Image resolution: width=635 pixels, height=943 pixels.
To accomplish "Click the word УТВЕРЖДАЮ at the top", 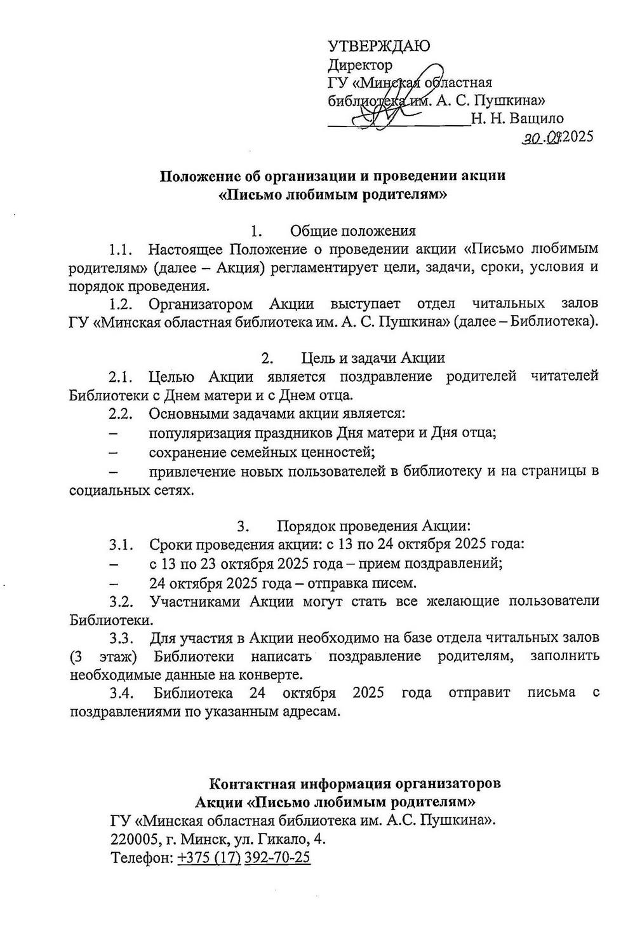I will [378, 46].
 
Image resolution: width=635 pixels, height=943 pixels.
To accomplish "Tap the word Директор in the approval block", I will [360, 64].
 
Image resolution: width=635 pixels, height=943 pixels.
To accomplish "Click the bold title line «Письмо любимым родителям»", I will [333, 194].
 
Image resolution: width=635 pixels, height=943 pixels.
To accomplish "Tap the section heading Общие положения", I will [352, 231].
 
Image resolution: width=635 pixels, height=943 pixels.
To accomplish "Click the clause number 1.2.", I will [121, 303].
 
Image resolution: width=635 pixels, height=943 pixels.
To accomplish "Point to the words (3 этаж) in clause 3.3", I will [103, 656].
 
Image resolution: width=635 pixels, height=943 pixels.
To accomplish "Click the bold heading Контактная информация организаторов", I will [354, 783].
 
